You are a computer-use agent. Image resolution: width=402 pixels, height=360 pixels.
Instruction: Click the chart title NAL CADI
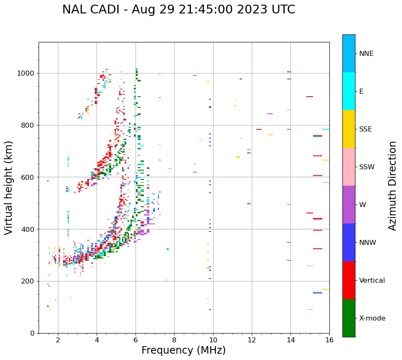(x=179, y=10)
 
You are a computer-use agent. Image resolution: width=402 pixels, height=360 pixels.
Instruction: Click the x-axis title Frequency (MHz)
(x=183, y=350)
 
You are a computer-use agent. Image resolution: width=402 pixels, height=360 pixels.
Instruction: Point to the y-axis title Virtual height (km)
(x=9, y=187)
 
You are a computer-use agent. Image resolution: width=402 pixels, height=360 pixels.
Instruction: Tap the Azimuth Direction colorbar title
(x=392, y=186)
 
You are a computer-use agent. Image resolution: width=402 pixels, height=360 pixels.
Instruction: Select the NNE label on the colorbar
(x=366, y=54)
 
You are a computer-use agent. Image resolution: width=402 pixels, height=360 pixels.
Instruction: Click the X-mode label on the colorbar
(x=372, y=318)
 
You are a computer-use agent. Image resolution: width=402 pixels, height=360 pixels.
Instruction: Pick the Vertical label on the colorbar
(x=372, y=281)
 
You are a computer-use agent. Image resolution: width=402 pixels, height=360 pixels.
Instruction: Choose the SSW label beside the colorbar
(x=367, y=167)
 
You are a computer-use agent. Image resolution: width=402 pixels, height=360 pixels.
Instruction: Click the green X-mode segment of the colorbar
(x=349, y=318)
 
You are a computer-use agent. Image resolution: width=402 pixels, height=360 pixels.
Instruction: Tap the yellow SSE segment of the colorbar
(x=349, y=129)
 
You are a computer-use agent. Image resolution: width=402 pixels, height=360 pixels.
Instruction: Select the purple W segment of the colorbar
(x=349, y=205)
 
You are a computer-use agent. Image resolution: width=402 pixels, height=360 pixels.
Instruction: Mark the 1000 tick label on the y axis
(x=26, y=74)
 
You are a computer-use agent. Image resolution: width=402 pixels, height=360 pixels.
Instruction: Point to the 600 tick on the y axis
(x=29, y=177)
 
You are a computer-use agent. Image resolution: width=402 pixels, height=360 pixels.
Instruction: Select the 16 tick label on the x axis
(x=329, y=340)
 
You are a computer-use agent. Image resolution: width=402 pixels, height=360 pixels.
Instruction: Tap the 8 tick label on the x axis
(x=174, y=340)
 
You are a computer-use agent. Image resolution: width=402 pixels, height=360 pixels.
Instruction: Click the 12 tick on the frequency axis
(x=252, y=340)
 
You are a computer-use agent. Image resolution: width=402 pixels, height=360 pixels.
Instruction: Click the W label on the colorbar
(x=363, y=205)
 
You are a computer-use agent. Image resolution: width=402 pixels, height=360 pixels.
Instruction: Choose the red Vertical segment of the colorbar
(x=349, y=280)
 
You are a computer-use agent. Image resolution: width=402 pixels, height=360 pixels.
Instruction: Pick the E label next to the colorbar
(x=361, y=92)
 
